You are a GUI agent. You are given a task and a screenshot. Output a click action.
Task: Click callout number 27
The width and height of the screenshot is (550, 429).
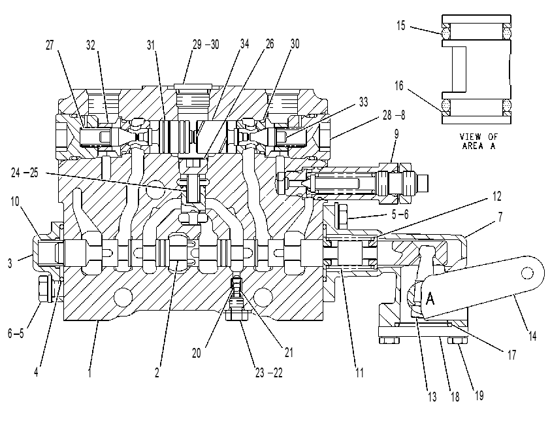coord(50,45)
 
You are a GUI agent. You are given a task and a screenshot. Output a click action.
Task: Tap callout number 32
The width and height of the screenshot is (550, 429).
coord(91,45)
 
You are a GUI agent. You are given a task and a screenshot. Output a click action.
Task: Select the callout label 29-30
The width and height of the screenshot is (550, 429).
coord(206,44)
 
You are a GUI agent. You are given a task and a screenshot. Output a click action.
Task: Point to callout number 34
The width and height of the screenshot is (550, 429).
coord(244,44)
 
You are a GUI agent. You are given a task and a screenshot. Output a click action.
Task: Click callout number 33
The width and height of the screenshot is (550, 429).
coord(364,102)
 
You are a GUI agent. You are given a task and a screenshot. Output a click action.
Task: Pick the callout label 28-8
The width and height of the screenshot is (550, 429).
coord(394,115)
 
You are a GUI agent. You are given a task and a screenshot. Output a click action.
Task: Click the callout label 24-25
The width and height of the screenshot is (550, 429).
coord(24,173)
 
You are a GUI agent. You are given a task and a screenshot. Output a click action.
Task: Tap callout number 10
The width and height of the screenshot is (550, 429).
coord(15,201)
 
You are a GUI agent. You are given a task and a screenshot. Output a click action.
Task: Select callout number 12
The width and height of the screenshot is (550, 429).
coord(496,196)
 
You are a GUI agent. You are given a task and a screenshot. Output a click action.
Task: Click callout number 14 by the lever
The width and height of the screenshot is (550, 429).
coord(532,336)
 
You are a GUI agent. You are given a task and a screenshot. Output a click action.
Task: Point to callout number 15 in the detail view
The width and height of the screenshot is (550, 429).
coord(401,26)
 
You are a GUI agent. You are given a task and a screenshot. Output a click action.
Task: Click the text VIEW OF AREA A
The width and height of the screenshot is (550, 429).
coord(478,141)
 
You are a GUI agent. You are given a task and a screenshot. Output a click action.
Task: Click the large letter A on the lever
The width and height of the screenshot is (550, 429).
coord(430,299)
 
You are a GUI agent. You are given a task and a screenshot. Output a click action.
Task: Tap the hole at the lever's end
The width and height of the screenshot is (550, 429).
coord(527,273)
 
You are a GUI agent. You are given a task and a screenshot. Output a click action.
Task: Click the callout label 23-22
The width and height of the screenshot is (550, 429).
coord(268,373)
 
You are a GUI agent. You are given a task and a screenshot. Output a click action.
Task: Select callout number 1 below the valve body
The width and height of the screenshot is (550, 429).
coord(89,373)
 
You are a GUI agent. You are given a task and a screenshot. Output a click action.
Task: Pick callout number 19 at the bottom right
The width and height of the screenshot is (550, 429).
coord(479,396)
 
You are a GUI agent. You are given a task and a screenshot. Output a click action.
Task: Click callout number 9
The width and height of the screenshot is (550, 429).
coord(396,134)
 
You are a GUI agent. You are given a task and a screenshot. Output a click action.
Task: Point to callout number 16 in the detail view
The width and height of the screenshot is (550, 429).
coord(399,86)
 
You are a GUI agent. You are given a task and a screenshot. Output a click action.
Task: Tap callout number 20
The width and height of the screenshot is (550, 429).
coord(197,353)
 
